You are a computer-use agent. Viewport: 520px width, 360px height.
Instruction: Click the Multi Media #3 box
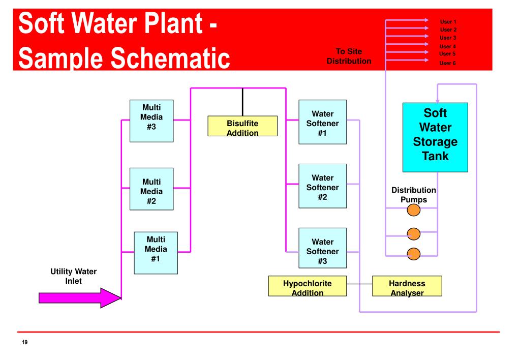151,121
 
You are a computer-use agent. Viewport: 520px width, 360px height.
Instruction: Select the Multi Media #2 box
151,189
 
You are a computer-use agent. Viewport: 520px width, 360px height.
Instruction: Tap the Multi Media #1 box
156,253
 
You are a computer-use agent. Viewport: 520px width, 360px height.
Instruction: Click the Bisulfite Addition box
242,126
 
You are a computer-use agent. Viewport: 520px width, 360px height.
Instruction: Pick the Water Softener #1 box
322,122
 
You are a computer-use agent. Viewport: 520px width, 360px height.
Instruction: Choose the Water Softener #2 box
322,186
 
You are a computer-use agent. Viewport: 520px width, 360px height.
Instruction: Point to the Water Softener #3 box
322,248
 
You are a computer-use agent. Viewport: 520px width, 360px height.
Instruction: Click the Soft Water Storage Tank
435,137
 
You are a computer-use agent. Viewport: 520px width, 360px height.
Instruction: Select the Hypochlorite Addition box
308,286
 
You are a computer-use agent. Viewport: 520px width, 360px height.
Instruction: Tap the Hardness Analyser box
407,286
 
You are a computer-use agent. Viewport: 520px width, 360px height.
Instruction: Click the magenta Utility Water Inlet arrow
80,298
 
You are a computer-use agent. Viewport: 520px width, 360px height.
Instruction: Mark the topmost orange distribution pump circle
414,210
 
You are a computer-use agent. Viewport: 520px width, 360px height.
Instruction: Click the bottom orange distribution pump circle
414,254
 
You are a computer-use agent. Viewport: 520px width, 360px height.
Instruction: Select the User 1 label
448,22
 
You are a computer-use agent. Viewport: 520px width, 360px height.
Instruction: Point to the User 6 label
447,63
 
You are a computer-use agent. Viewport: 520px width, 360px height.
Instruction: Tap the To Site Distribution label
349,56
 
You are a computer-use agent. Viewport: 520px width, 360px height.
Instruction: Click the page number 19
25,342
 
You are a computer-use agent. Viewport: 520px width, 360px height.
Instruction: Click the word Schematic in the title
170,58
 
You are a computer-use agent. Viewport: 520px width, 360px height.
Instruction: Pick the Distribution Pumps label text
414,195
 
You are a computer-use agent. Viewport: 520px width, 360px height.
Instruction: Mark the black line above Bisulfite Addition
242,102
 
